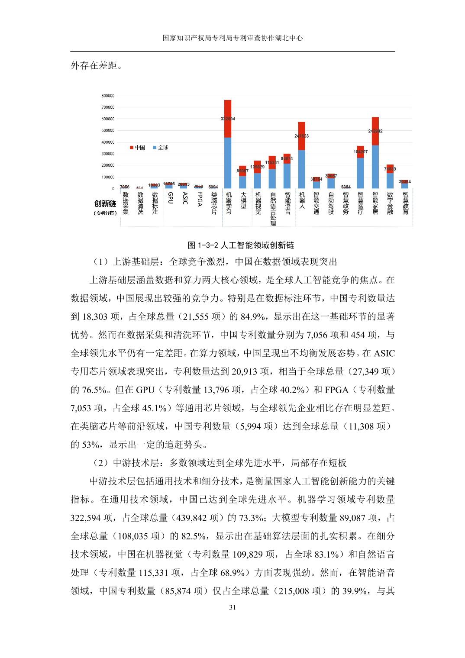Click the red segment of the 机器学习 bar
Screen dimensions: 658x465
pos(228,119)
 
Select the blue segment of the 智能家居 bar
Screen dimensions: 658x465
pos(375,167)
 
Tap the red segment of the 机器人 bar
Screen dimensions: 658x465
pos(301,136)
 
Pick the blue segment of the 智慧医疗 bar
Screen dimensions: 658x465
pos(360,173)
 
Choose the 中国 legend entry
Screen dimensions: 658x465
pos(137,148)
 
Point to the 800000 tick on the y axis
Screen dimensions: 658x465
pos(108,96)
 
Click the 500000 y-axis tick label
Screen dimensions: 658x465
pos(108,130)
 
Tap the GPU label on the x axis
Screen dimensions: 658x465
pos(170,198)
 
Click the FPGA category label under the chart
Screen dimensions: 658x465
pos(200,200)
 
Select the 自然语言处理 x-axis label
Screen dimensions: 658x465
pos(272,209)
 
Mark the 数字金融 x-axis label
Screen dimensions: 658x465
pos(390,203)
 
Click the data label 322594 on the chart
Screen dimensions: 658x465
pos(228,119)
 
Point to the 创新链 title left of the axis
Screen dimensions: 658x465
pos(105,203)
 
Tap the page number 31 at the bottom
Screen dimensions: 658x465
pos(232,607)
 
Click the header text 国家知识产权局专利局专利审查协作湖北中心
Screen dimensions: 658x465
pos(232,38)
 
